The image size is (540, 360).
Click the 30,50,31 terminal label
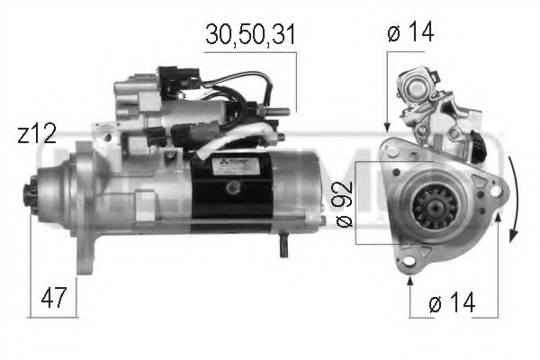[250, 35]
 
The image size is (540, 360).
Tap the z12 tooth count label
[37, 135]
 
